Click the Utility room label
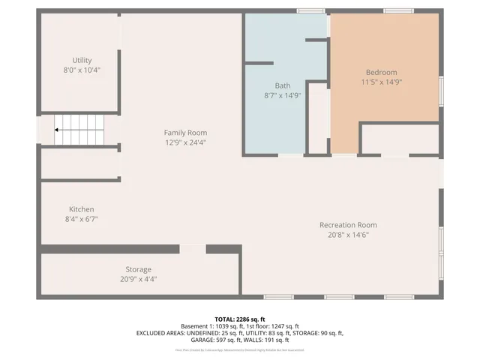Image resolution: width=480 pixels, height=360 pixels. [82, 60]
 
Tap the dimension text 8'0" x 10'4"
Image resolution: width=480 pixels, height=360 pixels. [82, 70]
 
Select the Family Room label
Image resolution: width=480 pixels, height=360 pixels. [185, 133]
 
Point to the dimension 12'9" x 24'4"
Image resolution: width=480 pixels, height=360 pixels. [185, 142]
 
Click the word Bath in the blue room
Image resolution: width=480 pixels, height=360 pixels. [282, 85]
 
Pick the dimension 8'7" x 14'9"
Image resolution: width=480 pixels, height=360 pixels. [282, 95]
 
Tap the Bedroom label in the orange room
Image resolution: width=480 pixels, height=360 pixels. [382, 72]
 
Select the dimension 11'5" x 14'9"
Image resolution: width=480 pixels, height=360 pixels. [382, 82]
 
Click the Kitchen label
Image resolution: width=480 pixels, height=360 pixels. [82, 209]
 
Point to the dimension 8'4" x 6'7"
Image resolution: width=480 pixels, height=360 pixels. [82, 219]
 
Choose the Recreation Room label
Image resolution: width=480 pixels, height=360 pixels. [348, 225]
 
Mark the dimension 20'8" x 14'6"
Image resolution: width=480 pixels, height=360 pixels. [348, 235]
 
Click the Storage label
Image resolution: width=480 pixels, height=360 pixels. [138, 269]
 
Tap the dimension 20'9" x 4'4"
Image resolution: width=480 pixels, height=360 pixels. [138, 279]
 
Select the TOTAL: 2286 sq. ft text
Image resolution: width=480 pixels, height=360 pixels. [240, 319]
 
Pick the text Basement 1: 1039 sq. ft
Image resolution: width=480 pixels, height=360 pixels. [212, 326]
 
